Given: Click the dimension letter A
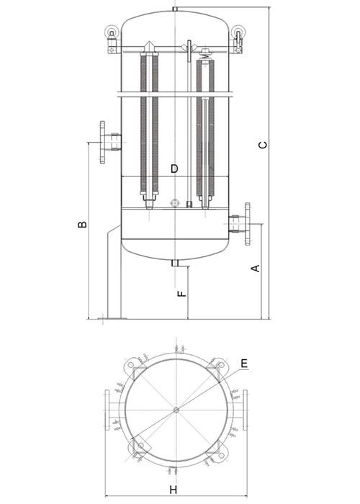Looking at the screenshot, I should pyautogui.click(x=254, y=269).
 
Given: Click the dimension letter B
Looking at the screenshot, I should pyautogui.click(x=84, y=225).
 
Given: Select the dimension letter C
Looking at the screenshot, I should pyautogui.click(x=264, y=145).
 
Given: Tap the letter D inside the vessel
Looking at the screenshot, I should pyautogui.click(x=174, y=168).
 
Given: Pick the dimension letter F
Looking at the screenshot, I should pyautogui.click(x=182, y=293).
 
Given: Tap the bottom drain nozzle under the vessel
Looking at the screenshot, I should pyautogui.click(x=175, y=263).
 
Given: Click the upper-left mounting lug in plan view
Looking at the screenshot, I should pyautogui.click(x=133, y=368).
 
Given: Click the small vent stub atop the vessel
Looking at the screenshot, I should pyautogui.click(x=175, y=9).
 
